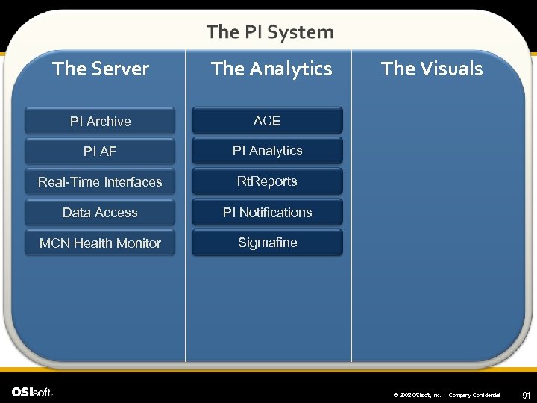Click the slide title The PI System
[x=270, y=32]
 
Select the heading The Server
[x=101, y=69]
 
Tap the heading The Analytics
[x=271, y=69]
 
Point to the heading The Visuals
[x=432, y=69]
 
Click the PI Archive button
[x=100, y=121]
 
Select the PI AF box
[x=100, y=151]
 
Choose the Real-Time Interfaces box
[x=100, y=182]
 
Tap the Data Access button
[x=100, y=213]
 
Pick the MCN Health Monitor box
[x=100, y=243]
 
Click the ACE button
[x=267, y=120]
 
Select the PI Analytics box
[x=267, y=151]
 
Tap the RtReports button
[x=267, y=181]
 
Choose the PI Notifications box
[x=267, y=213]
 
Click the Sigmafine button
[x=267, y=243]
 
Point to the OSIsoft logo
[x=32, y=392]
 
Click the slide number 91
[x=526, y=394]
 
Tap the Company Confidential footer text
[x=474, y=395]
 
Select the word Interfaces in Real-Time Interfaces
[x=134, y=182]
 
